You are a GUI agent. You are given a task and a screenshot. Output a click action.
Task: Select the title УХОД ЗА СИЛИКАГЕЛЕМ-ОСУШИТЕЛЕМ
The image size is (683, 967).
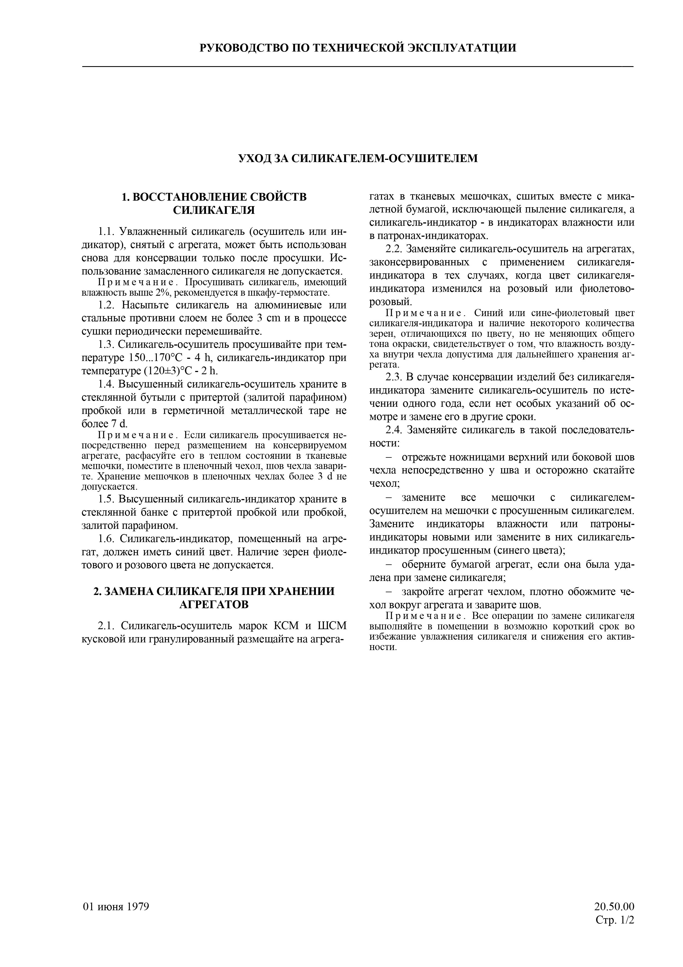pos(358,158)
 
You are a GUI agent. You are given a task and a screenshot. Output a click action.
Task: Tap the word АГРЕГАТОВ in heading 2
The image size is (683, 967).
pos(214,604)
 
